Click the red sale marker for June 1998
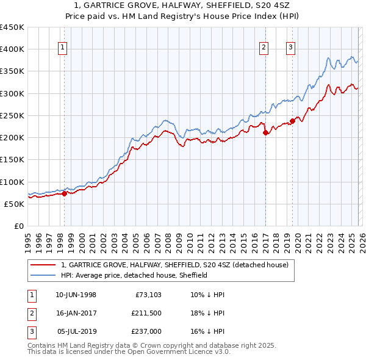pyautogui.click(x=64, y=193)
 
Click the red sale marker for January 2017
pyautogui.click(x=265, y=132)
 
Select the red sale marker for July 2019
pyautogui.click(x=292, y=121)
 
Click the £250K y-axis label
pyautogui.click(x=12, y=115)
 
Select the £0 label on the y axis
pyautogui.click(x=18, y=226)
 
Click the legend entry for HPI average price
pyautogui.click(x=134, y=275)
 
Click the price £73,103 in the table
pyautogui.click(x=145, y=295)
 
